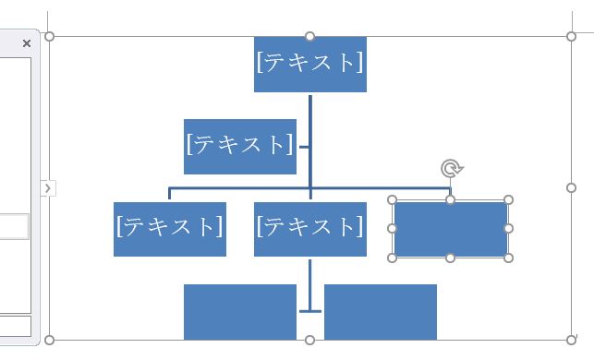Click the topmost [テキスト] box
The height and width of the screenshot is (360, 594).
point(309,64)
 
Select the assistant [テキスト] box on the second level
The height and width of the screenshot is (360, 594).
point(240,146)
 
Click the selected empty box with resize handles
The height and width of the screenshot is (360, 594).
point(450,229)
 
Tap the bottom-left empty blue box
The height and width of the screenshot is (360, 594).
point(239,311)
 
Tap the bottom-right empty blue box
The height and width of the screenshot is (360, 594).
point(380,311)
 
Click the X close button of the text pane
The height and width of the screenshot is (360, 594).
point(26,42)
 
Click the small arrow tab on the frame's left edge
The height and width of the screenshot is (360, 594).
point(49,188)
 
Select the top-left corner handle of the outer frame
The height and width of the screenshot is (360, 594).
point(50,37)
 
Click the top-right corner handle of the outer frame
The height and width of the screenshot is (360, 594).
point(572,37)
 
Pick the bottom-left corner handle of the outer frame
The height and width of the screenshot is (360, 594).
point(50,340)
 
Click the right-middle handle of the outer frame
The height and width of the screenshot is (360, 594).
point(572,187)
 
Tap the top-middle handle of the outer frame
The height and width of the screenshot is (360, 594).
point(310,37)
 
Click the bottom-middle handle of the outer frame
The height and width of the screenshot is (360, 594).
point(310,340)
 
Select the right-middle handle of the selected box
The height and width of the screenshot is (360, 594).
point(508,228)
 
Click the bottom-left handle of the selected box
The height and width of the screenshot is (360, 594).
point(393,258)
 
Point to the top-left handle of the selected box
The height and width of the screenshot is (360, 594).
point(393,199)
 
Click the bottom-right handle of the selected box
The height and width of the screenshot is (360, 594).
point(508,258)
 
